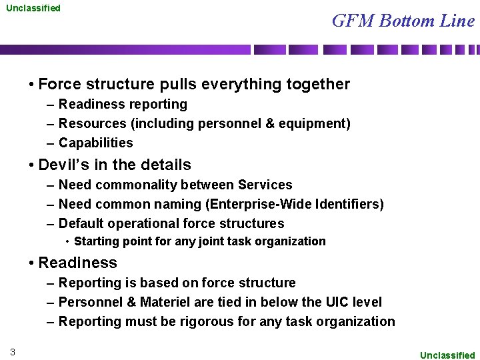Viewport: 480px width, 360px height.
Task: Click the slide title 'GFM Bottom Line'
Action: [403, 21]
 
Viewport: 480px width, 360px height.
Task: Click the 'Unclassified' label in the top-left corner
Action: [33, 8]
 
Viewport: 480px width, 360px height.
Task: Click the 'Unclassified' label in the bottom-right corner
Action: [447, 355]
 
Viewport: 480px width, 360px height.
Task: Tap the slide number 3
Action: [13, 351]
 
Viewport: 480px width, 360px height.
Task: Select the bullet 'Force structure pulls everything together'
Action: [194, 84]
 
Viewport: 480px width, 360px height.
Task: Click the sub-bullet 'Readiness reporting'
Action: [123, 104]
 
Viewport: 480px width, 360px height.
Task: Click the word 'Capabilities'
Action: [95, 143]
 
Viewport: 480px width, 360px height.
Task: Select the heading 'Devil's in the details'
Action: [115, 165]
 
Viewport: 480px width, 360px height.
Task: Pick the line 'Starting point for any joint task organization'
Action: [199, 241]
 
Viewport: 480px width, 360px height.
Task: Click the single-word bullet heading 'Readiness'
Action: [77, 263]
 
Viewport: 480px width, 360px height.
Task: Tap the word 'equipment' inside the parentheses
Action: [313, 123]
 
